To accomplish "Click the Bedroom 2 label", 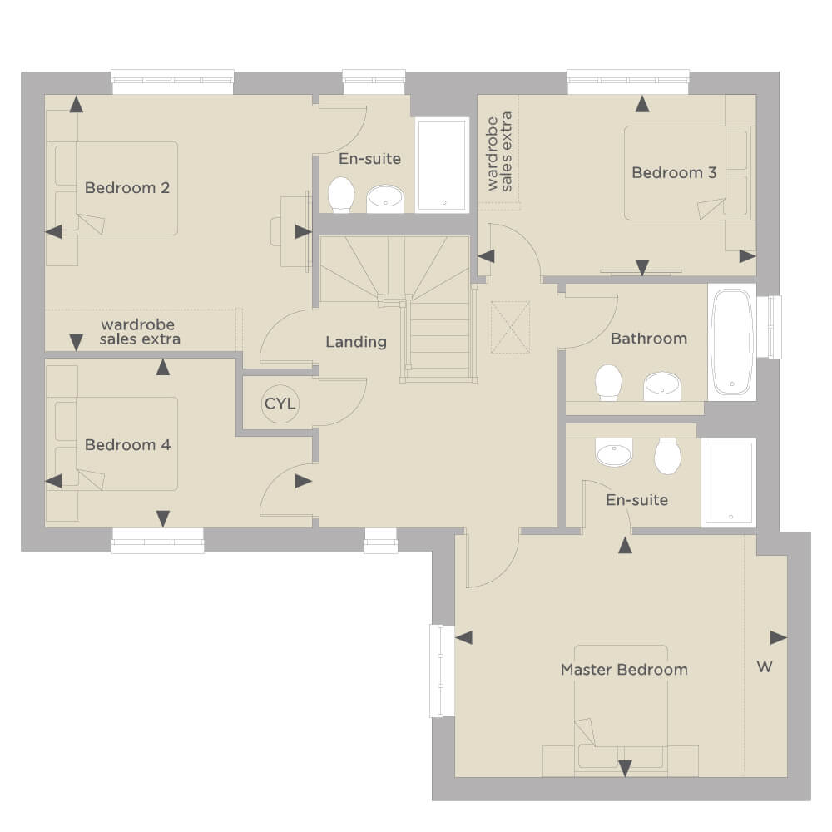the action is [x=127, y=188].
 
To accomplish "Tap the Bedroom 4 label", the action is [x=128, y=444].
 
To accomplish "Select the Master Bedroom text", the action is [x=624, y=670].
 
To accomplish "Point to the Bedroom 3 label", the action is [x=675, y=172].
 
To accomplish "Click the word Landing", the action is [x=356, y=342].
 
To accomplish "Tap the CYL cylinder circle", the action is [x=280, y=404].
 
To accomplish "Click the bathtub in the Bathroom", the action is [x=731, y=342].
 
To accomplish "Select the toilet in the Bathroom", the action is [x=609, y=382].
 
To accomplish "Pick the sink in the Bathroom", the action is [x=661, y=386].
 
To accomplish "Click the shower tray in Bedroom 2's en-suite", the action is [x=443, y=166].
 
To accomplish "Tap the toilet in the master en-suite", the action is [x=667, y=456].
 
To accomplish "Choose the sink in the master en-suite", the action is [x=614, y=453].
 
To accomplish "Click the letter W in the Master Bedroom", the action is [x=765, y=666].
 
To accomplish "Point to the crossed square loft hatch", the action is [x=511, y=327].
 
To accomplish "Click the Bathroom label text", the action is [x=649, y=339].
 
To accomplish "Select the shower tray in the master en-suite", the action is [x=728, y=483].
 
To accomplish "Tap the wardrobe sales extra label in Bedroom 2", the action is [x=140, y=332].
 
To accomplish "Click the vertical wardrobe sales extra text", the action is [x=499, y=151].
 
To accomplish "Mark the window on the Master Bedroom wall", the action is [x=442, y=671].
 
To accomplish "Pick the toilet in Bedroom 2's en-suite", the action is [x=341, y=195].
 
